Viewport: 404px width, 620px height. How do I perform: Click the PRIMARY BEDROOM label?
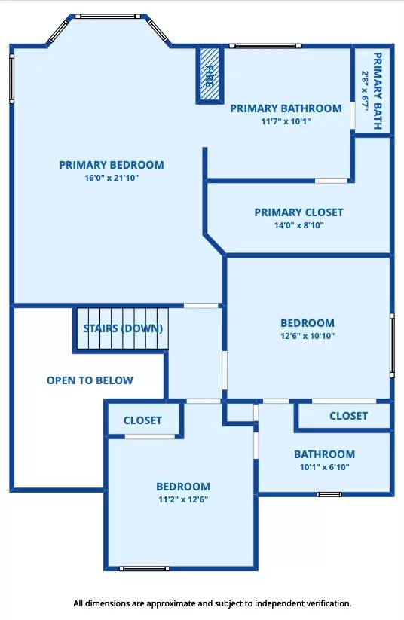tap(112, 165)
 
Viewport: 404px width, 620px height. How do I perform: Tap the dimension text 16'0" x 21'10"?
tap(112, 178)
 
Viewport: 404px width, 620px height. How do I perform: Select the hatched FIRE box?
tap(210, 75)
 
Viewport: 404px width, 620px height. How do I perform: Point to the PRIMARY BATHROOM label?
tap(286, 108)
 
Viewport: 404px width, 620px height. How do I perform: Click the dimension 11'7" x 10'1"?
tap(286, 121)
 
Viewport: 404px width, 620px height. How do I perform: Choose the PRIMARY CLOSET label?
tap(298, 212)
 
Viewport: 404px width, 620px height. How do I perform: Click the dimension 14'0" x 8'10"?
tap(298, 225)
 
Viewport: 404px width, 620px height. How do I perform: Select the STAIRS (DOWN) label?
tap(123, 328)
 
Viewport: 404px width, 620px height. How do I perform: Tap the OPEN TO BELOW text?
tap(90, 380)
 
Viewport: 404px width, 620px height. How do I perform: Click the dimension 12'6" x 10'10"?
tap(308, 336)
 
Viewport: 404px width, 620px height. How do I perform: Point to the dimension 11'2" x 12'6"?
tap(183, 499)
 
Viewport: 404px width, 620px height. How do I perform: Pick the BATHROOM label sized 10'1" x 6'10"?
tap(324, 454)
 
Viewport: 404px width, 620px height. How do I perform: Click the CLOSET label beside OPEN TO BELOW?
tap(142, 420)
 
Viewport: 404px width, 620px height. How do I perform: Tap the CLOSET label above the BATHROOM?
tap(349, 416)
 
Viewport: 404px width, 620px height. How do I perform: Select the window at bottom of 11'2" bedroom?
tap(145, 569)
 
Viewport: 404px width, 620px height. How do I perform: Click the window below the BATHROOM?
tap(329, 494)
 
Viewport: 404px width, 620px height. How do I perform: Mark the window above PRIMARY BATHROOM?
tap(265, 46)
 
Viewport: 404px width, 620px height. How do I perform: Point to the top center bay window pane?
tap(108, 17)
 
